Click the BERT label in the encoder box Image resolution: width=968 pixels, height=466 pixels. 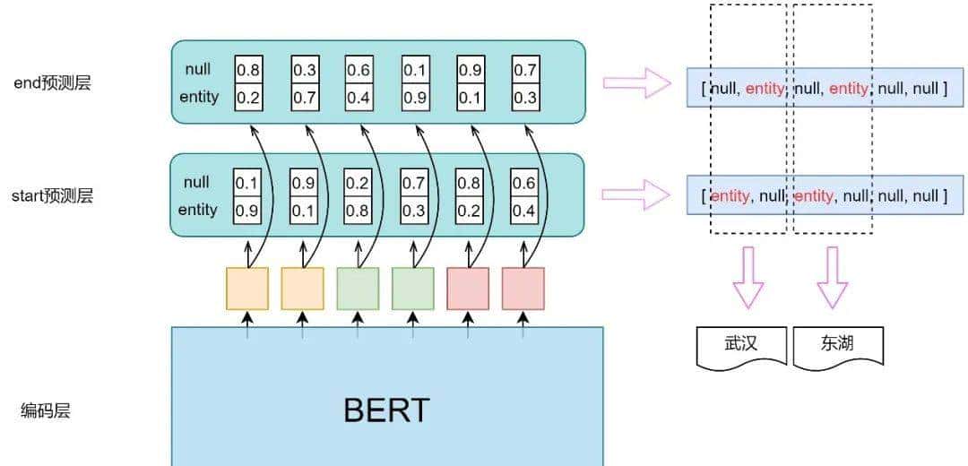386,410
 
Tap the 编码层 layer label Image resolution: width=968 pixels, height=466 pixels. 46,411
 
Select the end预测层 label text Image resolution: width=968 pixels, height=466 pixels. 52,83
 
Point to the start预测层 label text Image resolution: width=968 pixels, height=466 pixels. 52,195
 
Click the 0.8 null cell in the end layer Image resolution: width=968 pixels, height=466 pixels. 248,69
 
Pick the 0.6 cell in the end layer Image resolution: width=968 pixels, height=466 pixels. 359,69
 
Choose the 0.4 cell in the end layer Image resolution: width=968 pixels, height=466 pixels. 359,97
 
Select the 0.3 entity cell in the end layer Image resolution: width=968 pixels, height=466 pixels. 525,97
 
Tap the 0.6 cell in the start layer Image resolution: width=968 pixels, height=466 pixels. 523,182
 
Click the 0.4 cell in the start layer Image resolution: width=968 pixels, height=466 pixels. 523,210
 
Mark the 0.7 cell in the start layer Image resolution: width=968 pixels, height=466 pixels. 412,182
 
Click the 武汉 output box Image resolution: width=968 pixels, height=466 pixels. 741,344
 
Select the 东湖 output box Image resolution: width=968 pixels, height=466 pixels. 837,344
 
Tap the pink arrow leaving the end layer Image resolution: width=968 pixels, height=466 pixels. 636,83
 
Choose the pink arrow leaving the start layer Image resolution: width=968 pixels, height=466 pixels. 636,194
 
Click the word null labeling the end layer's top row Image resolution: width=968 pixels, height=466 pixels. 198,69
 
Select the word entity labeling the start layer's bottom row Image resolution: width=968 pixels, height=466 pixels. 198,210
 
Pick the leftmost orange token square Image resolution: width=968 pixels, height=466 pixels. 247,289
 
